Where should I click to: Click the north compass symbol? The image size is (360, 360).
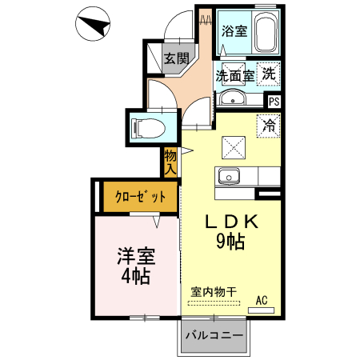tap(94, 27)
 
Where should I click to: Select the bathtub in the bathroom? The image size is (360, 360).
tap(265, 33)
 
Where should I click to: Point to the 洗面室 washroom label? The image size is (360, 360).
tap(234, 76)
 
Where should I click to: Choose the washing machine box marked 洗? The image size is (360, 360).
tap(270, 74)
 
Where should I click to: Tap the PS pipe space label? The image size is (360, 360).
tap(274, 102)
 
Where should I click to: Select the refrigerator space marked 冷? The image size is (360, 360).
tap(270, 125)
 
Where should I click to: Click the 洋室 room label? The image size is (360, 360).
tap(135, 258)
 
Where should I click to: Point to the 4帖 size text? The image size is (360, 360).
tap(135, 277)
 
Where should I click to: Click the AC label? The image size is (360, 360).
tap(261, 300)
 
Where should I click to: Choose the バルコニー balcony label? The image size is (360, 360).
tap(214, 335)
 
